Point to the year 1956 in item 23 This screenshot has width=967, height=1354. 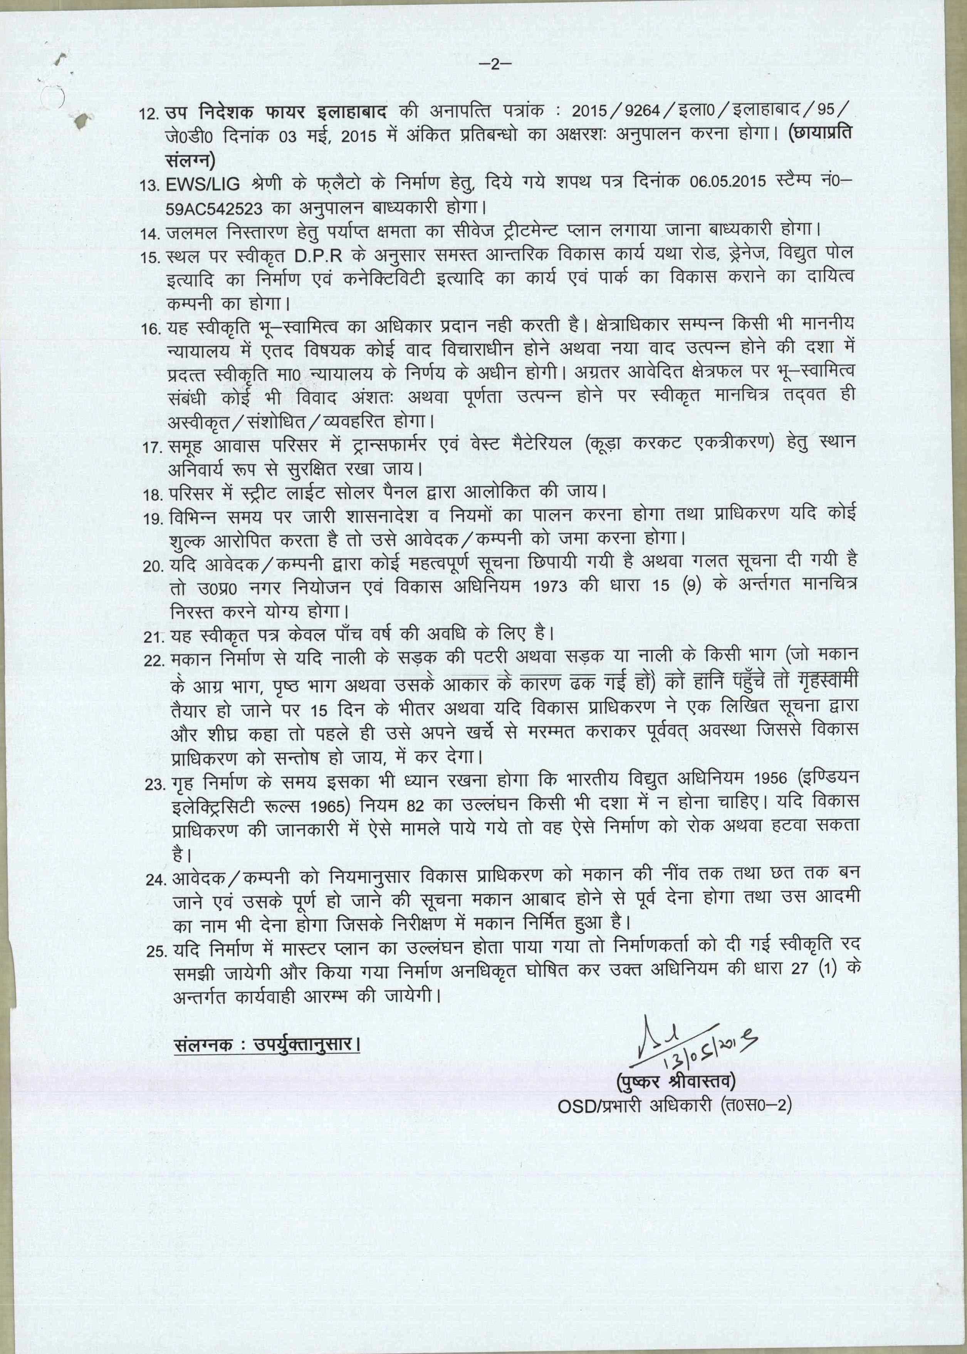click(776, 781)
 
